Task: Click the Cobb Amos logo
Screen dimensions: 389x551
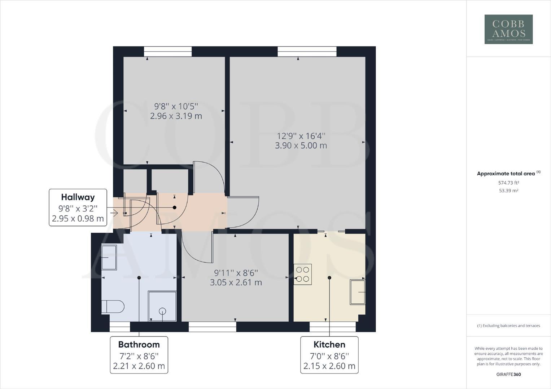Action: pos(508,29)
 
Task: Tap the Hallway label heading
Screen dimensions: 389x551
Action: pos(78,197)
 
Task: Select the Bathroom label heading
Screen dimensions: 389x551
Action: pos(139,344)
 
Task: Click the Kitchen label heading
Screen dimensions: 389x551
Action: pos(329,344)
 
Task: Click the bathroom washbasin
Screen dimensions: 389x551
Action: pos(109,257)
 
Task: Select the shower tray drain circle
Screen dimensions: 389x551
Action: pos(162,311)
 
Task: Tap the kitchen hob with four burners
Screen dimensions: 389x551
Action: pos(302,274)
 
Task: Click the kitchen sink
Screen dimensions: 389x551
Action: pos(357,292)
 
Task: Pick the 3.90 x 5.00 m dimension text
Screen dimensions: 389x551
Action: pos(301,146)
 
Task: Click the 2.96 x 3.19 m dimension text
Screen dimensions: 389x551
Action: pos(176,116)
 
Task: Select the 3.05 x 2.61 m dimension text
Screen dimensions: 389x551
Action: pos(236,282)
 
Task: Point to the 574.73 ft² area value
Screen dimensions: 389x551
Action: pos(508,183)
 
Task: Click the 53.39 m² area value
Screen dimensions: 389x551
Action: pos(508,191)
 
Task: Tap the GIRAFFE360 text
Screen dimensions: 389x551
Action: pos(508,374)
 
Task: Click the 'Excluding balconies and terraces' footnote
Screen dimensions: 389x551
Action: pos(508,326)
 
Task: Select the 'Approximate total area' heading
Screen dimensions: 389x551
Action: pos(506,174)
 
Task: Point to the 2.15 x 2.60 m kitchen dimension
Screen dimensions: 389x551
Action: pos(329,366)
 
